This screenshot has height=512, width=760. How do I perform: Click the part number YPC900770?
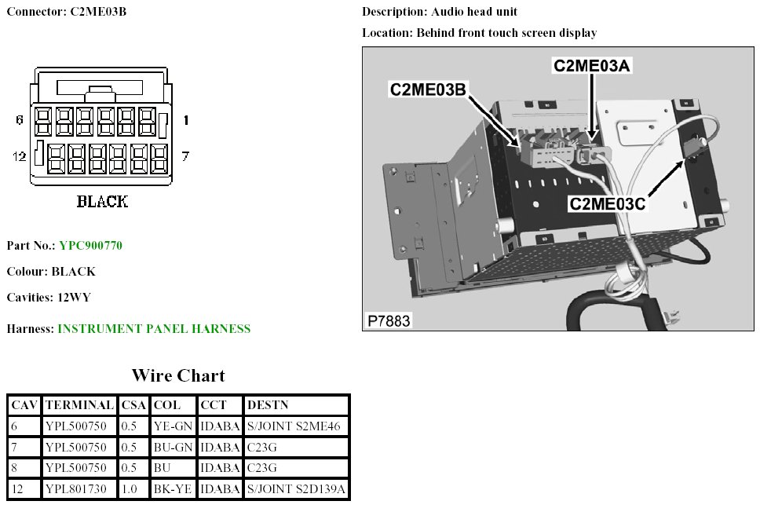click(x=90, y=246)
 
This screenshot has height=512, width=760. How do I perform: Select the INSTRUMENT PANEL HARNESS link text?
click(x=154, y=329)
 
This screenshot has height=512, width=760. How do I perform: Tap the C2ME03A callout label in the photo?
click(x=592, y=66)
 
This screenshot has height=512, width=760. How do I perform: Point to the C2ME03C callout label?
click(x=608, y=204)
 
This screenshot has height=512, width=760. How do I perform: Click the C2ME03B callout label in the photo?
click(x=428, y=90)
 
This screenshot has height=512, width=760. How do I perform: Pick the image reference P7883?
click(x=389, y=320)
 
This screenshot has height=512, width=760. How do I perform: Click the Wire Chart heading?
click(x=178, y=375)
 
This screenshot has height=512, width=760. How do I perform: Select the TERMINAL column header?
click(x=79, y=405)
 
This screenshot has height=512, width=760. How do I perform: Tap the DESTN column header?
click(x=267, y=405)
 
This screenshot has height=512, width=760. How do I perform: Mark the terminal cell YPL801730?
click(x=79, y=490)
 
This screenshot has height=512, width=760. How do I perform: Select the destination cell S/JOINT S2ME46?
click(x=295, y=426)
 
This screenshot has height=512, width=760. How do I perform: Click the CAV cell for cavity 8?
click(x=15, y=469)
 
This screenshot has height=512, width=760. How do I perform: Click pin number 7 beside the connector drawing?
click(x=185, y=156)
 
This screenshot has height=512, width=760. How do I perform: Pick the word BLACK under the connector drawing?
click(x=102, y=202)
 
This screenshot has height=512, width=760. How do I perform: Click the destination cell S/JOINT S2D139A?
click(x=297, y=490)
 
